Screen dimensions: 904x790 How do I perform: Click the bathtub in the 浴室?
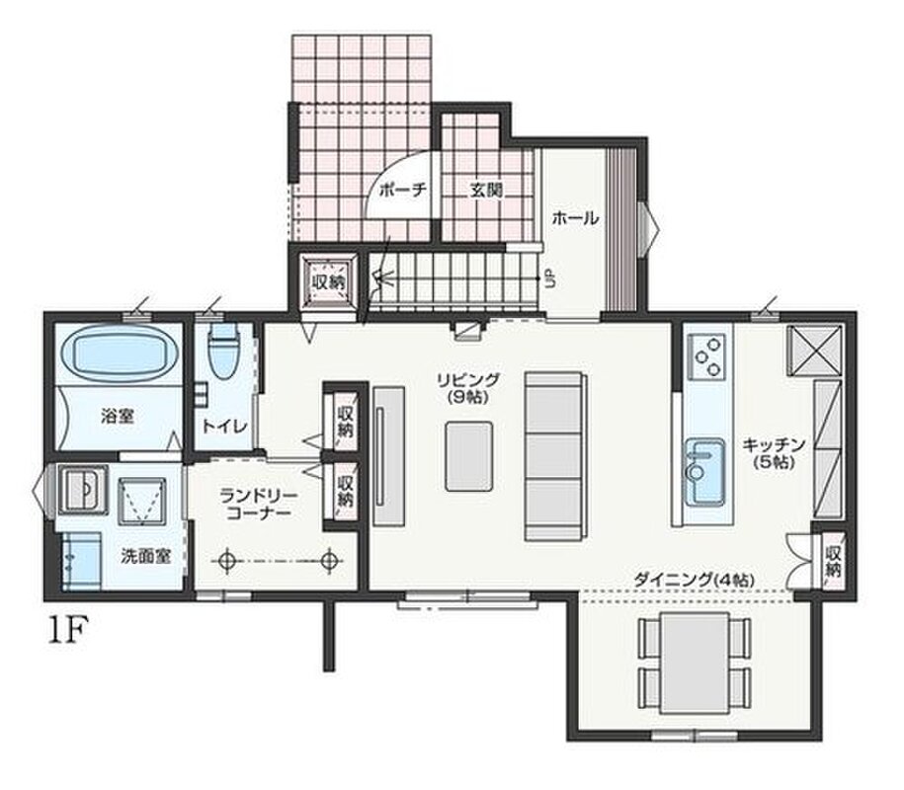click(x=119, y=354)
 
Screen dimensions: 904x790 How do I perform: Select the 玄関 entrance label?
click(x=486, y=191)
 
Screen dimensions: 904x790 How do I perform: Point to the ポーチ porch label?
click(x=402, y=191)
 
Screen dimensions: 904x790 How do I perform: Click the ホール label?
click(x=575, y=218)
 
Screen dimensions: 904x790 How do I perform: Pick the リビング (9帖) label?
click(x=467, y=388)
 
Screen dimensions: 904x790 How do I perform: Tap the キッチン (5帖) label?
click(x=774, y=452)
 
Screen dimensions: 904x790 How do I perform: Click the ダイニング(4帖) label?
click(x=694, y=580)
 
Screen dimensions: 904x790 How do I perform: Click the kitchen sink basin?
click(x=705, y=471)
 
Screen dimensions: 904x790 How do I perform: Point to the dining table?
click(x=695, y=663)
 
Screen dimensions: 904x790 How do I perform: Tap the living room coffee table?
click(x=469, y=456)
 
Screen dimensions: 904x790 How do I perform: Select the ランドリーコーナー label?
click(x=259, y=504)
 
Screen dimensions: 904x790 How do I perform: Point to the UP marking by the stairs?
click(x=550, y=280)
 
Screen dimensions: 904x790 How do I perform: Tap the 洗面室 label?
click(x=146, y=556)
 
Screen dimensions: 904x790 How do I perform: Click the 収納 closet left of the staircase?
click(x=329, y=282)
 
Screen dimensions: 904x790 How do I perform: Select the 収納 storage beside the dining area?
click(x=833, y=562)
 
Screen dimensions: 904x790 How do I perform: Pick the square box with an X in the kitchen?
click(x=814, y=351)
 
